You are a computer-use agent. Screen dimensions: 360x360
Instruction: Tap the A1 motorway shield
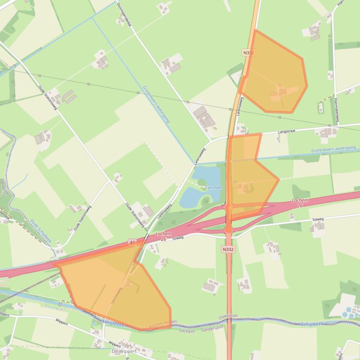pos(132,242)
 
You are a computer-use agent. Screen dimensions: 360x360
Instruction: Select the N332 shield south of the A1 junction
pos(228,250)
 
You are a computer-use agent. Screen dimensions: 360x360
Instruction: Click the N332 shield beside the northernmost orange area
pos(249,53)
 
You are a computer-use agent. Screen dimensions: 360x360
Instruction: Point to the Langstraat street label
pos(287,132)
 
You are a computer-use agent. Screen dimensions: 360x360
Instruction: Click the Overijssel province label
pos(228,317)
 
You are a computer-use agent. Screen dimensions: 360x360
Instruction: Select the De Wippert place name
pos(122,351)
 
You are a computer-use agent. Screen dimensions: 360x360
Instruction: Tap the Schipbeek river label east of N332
pos(312,324)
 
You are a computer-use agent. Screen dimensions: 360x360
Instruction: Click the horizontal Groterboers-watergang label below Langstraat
pos(333,150)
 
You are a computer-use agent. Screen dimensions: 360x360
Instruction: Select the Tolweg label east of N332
pos(317,219)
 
